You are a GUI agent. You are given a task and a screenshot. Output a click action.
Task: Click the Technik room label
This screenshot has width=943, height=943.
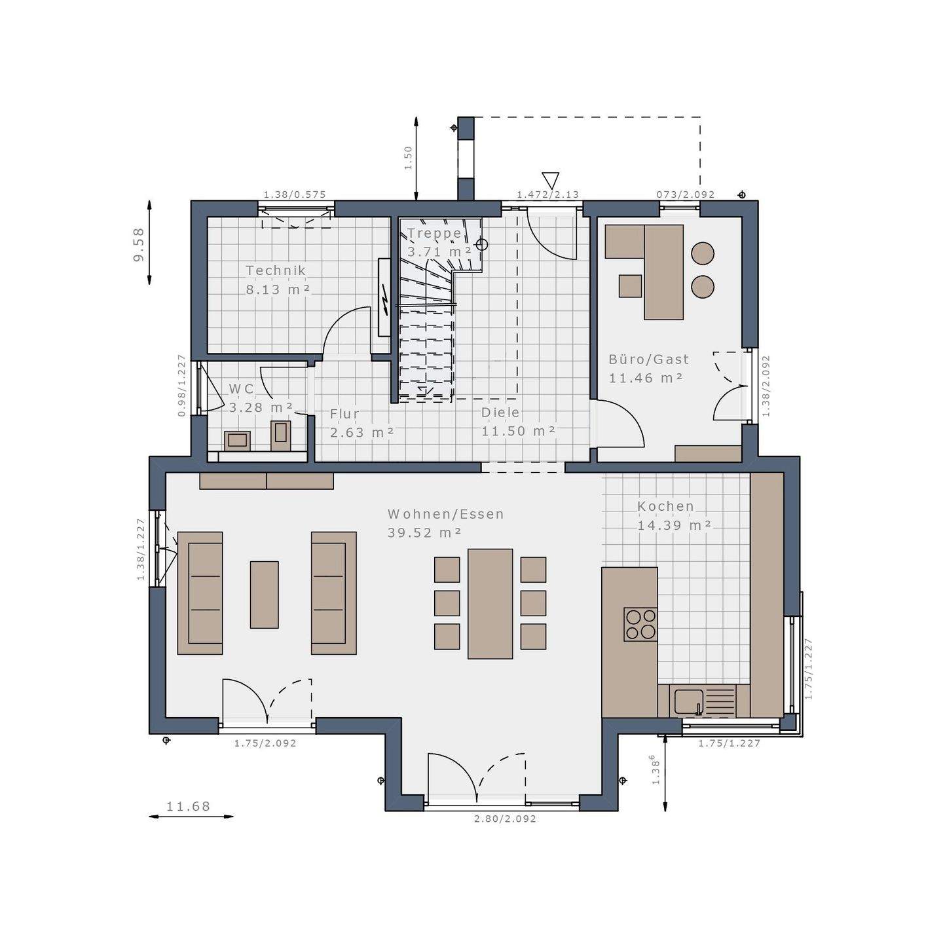pos(276,270)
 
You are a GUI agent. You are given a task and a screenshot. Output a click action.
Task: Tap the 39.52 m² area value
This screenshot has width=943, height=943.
pos(424,533)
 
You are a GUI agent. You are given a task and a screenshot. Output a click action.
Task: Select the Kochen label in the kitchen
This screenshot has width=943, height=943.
pos(665,506)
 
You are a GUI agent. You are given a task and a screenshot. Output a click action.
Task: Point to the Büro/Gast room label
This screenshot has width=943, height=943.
pos(648,360)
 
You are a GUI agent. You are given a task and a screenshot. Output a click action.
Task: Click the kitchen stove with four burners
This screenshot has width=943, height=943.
pos(640,624)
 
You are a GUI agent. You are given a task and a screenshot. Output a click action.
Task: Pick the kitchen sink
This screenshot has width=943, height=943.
pos(688,701)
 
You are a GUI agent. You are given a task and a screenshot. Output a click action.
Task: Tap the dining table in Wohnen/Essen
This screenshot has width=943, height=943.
pos(490,603)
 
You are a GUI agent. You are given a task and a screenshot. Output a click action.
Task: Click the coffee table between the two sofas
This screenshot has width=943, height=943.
pos(264,595)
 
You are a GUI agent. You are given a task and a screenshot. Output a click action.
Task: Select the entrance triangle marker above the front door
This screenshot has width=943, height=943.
pos(550,180)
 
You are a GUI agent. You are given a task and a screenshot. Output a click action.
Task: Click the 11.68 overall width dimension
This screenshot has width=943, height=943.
pos(188,807)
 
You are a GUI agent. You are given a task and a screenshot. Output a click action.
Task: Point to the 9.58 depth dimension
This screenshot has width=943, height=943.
pos(139,245)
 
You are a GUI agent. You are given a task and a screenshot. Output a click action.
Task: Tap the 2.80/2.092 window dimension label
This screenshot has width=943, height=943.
pos(505,819)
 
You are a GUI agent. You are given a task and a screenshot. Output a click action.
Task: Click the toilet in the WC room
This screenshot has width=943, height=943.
pos(281,434)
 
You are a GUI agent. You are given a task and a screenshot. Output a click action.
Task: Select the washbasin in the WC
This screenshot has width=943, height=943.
pos(237,441)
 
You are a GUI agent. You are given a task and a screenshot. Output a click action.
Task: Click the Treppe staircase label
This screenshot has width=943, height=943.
pos(434,233)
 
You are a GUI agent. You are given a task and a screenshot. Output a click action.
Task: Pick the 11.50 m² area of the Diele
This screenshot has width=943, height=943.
pos(519,431)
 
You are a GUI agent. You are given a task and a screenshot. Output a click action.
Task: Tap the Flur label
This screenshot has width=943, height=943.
pos(344,414)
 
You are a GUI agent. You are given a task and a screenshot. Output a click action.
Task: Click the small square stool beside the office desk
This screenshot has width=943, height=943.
pos(630,286)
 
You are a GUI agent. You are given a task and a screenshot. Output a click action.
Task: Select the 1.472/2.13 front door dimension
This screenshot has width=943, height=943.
pos(547,194)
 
